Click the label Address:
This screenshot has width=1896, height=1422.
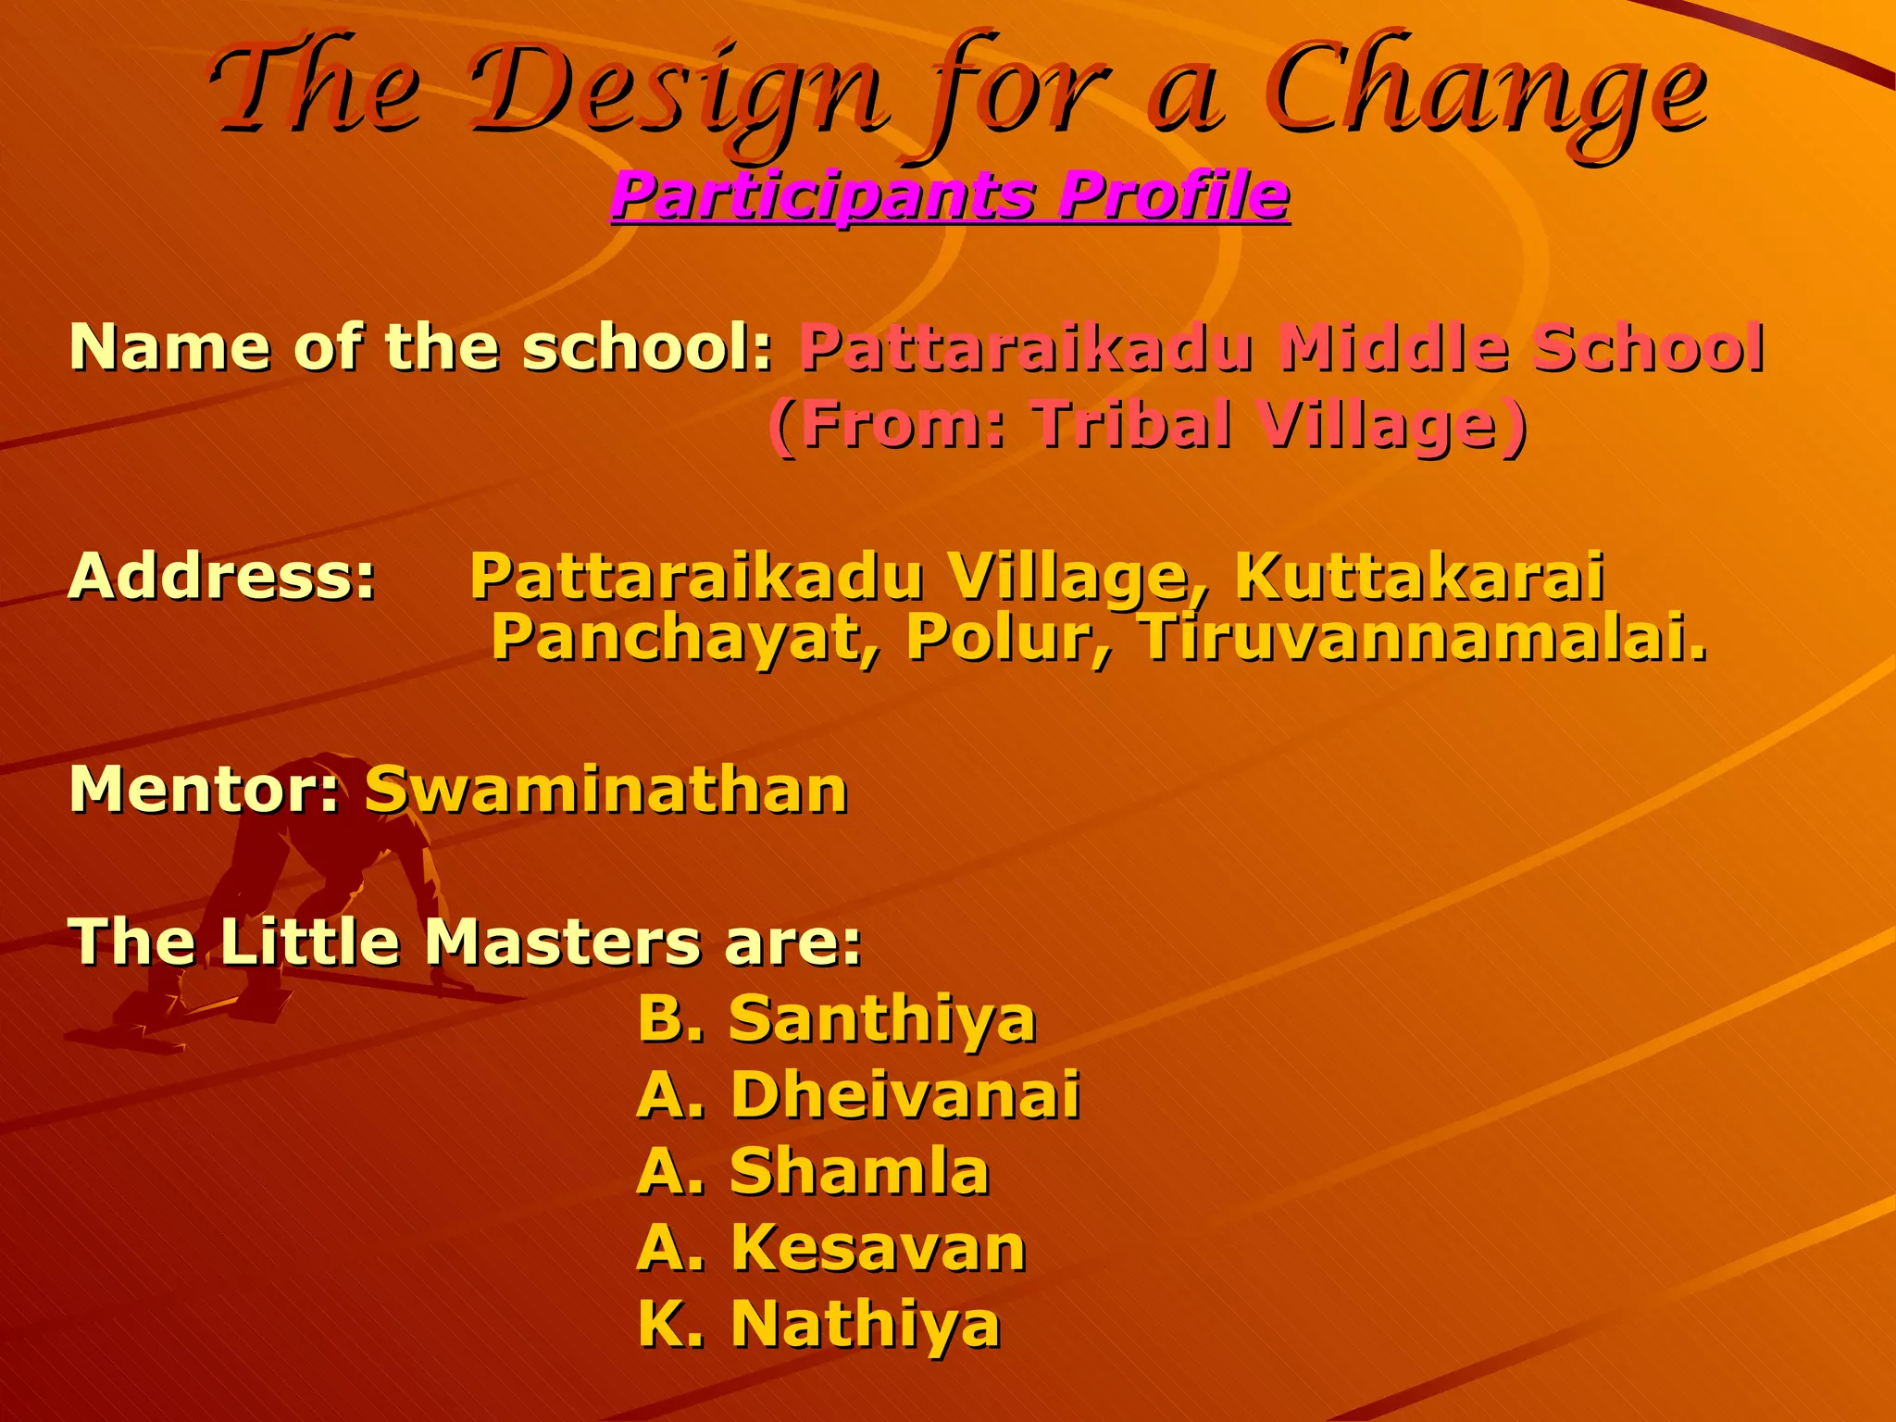tap(222, 576)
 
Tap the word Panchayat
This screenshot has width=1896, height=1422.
tap(685, 639)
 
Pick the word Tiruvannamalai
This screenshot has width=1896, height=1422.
tap(1421, 639)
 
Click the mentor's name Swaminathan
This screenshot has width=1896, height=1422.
tap(606, 790)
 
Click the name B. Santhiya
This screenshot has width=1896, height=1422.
tap(837, 1018)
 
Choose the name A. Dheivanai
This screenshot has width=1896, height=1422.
tap(858, 1094)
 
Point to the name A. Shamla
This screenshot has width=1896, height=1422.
tap(814, 1171)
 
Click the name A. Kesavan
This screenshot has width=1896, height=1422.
tap(831, 1247)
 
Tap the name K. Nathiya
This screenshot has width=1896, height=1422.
tap(819, 1324)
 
